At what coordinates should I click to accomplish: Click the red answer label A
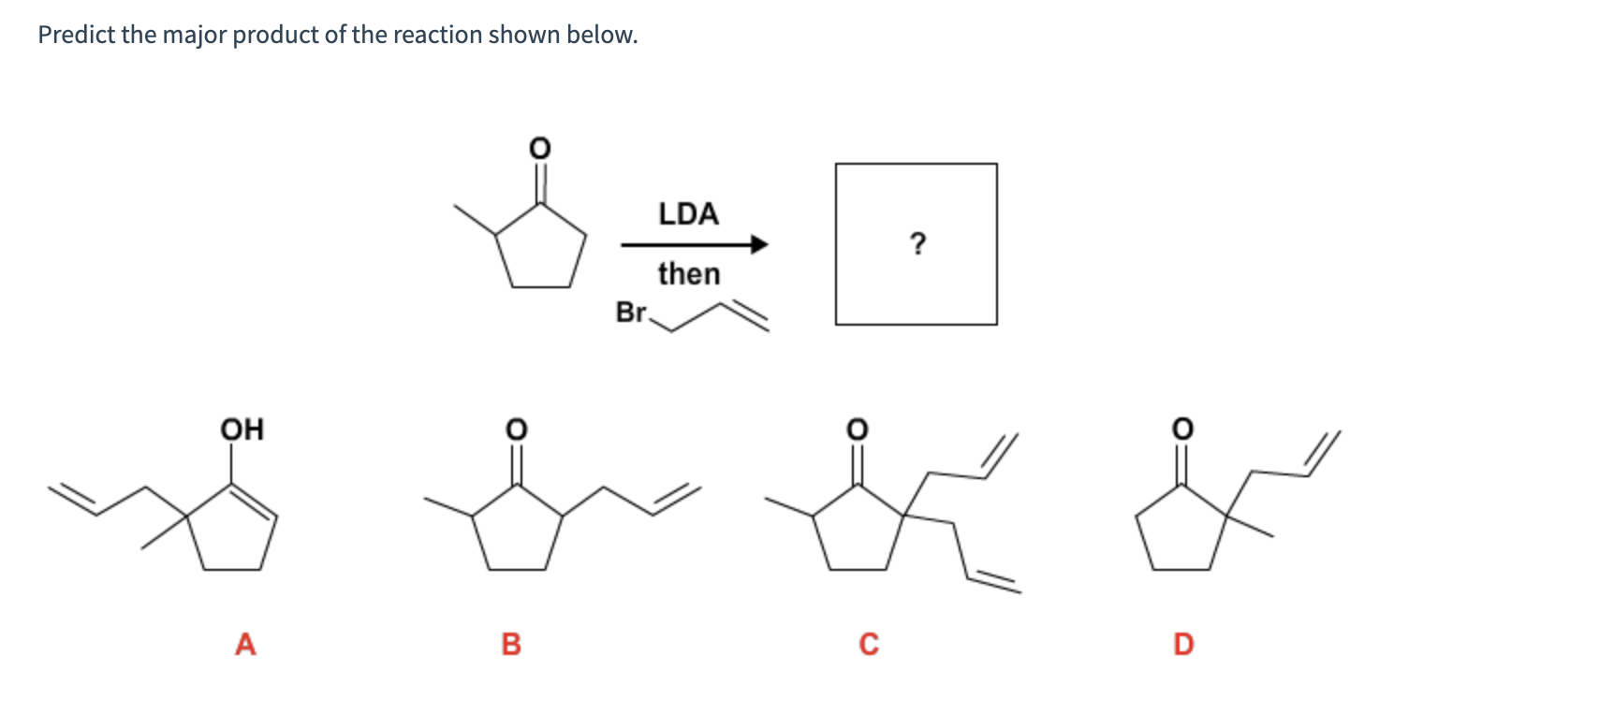click(245, 644)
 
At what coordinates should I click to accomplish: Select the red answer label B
click(511, 644)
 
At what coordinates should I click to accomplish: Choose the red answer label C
click(869, 644)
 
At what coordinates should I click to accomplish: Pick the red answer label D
click(1183, 644)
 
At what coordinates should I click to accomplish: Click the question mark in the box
click(917, 244)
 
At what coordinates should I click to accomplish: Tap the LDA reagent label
click(688, 214)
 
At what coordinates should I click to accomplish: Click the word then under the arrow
click(688, 274)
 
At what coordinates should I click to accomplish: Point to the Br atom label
click(631, 312)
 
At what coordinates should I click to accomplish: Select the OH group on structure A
click(242, 430)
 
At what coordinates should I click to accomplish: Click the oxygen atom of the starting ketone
click(539, 148)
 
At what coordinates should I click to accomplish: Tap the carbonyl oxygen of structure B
click(516, 429)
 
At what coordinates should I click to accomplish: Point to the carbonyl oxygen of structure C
click(857, 429)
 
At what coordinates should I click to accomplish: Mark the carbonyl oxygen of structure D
click(1182, 429)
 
